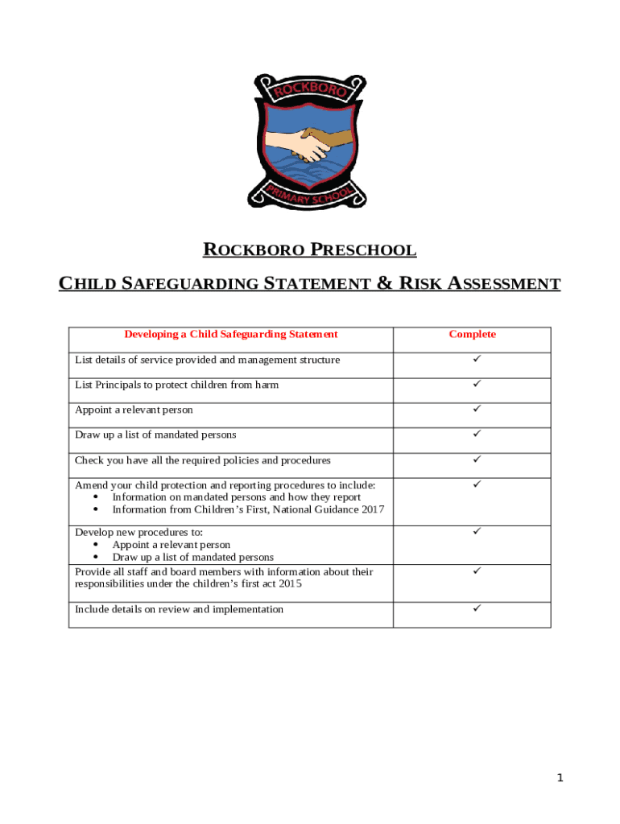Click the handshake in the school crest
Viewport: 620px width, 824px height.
pos(310,143)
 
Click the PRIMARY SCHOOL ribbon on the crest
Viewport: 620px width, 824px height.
pos(310,198)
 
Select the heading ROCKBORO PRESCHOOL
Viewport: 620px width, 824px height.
pos(310,250)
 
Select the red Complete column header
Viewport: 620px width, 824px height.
pos(472,335)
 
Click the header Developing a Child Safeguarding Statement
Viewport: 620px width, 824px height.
pos(230,335)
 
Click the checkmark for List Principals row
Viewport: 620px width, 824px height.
pos(477,384)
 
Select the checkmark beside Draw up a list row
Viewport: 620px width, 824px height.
pos(477,434)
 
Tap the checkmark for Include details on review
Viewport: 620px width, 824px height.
pos(477,608)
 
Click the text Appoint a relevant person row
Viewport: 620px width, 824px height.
pos(134,410)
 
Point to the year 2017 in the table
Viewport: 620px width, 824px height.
pos(372,509)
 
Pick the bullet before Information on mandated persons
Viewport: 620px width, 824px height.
pos(97,497)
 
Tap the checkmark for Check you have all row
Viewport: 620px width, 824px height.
pos(477,459)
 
